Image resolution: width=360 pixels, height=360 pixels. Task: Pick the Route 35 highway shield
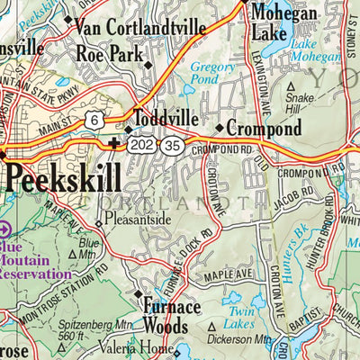pyautogui.click(x=171, y=144)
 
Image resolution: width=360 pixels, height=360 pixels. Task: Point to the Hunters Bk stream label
pyautogui.click(x=291, y=254)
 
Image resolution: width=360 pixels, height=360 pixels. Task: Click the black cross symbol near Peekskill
pyautogui.click(x=112, y=143)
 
